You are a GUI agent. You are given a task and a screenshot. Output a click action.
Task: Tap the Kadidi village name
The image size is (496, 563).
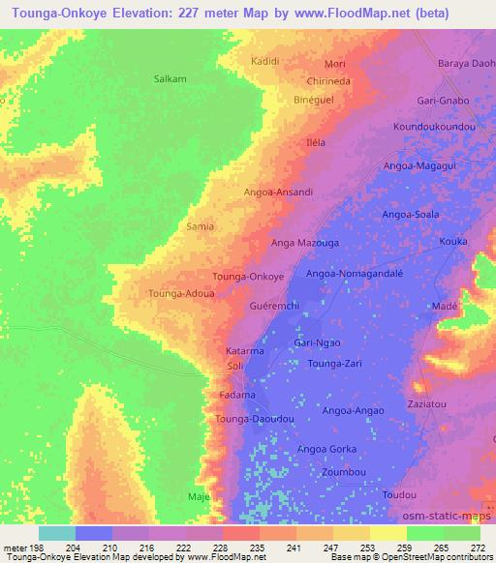pos(266,61)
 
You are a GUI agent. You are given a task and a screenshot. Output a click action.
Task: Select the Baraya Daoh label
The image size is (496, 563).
pos(466,64)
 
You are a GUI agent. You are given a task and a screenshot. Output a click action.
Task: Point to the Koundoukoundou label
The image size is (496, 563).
pos(434,127)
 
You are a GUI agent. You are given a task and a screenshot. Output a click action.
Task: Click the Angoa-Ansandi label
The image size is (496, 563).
pos(278,193)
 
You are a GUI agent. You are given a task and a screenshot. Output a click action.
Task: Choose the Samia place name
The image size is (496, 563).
pos(199,225)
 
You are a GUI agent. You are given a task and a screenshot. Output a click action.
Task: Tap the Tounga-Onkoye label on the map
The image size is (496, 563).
pos(247,276)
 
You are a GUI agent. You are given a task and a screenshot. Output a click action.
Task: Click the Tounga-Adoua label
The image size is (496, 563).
pos(179,292)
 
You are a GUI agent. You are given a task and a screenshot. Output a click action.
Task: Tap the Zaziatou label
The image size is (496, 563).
pos(427,401)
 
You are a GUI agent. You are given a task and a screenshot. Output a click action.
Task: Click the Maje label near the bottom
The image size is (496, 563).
pos(200,497)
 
